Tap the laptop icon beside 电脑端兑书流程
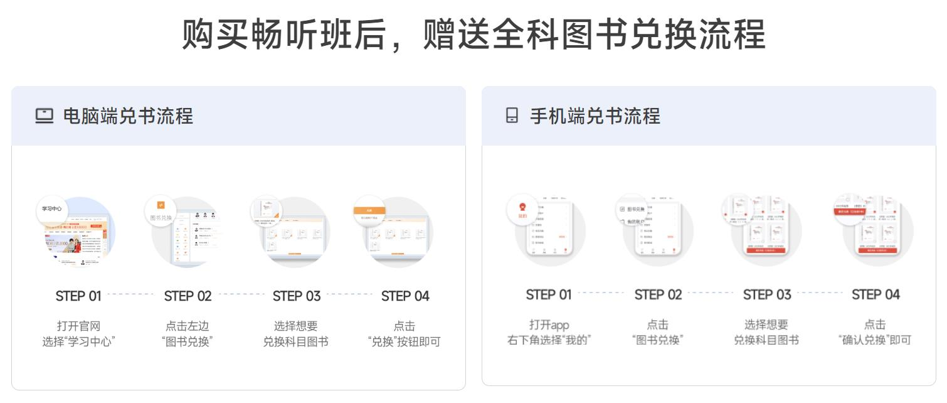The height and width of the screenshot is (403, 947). point(44,116)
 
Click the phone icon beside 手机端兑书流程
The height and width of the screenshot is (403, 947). point(512,116)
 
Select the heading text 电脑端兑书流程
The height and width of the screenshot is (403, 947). point(128,116)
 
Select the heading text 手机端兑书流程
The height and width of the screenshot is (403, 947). point(595,116)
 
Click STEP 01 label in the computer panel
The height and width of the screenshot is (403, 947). point(78,296)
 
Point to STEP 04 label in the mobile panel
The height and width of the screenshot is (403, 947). point(876,294)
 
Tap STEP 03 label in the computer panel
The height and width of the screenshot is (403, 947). point(297,296)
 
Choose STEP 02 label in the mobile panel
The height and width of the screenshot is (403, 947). point(658,294)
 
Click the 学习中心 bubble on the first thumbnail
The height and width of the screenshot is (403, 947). point(52,208)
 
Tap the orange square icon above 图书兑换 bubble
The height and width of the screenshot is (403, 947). point(161,205)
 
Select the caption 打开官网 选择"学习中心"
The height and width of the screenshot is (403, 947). point(78,334)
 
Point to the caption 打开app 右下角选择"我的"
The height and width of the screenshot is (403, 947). point(549,333)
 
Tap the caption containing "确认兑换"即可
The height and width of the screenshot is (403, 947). point(875,333)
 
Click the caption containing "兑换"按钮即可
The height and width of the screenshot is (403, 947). point(405,334)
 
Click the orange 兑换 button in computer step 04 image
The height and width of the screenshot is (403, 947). point(369,211)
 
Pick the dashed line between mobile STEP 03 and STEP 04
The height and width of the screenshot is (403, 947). point(820,293)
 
